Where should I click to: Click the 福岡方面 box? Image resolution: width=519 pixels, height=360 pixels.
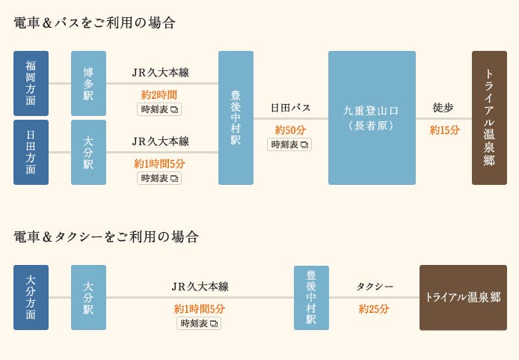[x=31, y=83]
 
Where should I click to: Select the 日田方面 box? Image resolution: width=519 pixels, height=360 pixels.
[x=31, y=152]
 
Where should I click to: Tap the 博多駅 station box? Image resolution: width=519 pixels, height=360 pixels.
[x=88, y=83]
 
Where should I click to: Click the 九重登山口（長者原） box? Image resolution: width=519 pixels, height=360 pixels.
[x=372, y=118]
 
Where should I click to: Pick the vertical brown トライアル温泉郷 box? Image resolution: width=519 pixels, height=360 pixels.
[x=489, y=118]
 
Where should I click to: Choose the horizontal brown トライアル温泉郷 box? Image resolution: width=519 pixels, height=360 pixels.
[x=463, y=297]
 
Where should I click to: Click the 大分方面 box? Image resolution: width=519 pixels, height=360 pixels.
[x=31, y=297]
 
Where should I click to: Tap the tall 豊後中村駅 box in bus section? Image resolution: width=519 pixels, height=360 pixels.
[x=236, y=118]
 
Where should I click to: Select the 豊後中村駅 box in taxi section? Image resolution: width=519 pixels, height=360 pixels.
[x=311, y=297]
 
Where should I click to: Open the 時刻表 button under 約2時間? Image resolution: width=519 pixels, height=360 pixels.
[x=159, y=109]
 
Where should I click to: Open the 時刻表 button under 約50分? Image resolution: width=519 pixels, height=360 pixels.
[x=289, y=144]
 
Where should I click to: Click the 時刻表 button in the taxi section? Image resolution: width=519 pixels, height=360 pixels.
[x=199, y=323]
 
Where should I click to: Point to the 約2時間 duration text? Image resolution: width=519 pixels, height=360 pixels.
[x=159, y=95]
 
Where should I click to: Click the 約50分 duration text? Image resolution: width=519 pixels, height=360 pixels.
[x=290, y=130]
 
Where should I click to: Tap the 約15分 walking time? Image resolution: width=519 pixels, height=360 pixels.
[x=445, y=130]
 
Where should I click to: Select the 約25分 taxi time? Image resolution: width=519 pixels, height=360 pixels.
[x=374, y=308]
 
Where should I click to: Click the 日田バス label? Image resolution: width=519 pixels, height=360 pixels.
[x=290, y=108]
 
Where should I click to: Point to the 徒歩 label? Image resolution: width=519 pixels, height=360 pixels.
[x=443, y=108]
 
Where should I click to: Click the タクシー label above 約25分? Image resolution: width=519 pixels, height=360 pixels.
[x=374, y=287]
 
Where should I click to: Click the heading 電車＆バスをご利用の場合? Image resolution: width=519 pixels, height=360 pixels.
[x=95, y=23]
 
